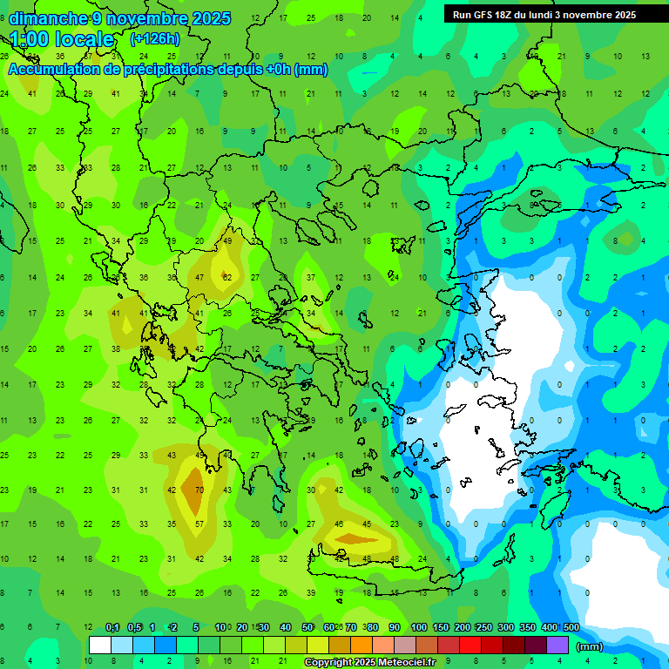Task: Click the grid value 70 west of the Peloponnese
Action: coord(199,490)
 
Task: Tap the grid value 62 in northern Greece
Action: coord(227,278)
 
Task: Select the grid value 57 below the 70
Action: coord(199,524)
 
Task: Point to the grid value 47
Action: coord(199,278)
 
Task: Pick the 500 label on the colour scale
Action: coord(571,628)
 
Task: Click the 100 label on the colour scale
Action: coord(419,628)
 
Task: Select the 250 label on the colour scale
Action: coord(483,628)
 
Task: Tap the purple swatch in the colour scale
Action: coord(557,645)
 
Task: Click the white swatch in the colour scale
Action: coord(100,645)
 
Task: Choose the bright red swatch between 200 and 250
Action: coord(470,645)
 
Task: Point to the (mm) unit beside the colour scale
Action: coord(590,646)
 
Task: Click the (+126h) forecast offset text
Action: coord(155,38)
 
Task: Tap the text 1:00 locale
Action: coord(63,39)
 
